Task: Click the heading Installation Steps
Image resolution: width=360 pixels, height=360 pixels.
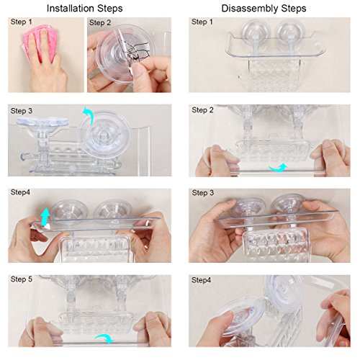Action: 84,9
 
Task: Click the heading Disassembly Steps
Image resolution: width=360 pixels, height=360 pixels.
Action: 264,9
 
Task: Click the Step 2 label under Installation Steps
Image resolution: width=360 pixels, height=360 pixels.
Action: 100,22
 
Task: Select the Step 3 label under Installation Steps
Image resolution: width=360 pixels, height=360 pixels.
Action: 22,111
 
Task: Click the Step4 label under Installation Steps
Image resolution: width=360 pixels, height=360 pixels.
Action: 20,192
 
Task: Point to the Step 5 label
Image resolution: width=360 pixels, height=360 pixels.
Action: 22,279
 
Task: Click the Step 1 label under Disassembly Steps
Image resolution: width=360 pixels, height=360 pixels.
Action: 202,22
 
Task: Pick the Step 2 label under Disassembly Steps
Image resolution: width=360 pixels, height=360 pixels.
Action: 202,110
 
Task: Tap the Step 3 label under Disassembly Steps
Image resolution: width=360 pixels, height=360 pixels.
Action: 203,193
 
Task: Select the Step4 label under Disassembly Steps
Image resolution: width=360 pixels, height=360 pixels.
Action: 201,280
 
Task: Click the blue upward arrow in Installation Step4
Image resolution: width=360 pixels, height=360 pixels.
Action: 45,217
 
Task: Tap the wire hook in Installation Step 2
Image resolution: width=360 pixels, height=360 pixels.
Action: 135,52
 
